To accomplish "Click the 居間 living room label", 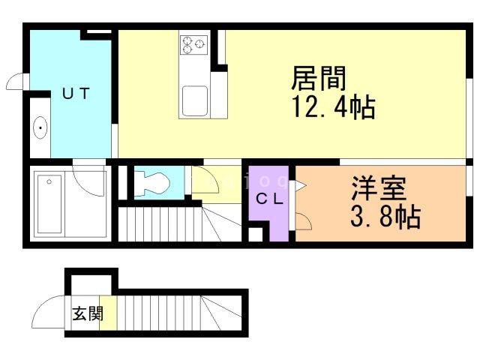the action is click(x=318, y=78).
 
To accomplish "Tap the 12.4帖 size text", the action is click(x=334, y=107).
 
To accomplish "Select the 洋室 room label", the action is click(x=379, y=188).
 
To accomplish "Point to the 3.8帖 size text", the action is click(x=385, y=217).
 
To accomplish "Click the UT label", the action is click(x=76, y=93).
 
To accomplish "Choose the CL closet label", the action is click(x=269, y=199).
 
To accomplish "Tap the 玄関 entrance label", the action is click(x=88, y=313).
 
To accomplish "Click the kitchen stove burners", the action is click(x=193, y=45).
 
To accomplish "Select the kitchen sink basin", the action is click(x=195, y=101).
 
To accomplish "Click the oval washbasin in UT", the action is click(x=40, y=127).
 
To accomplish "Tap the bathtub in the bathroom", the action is click(x=49, y=204).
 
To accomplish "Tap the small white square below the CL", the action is click(x=255, y=234).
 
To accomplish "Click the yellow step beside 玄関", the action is click(x=108, y=313).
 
